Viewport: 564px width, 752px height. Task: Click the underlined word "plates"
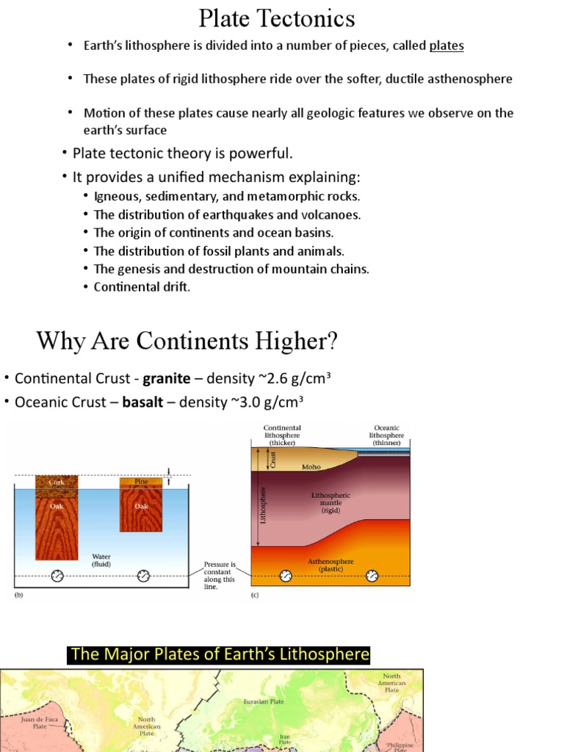pos(446,46)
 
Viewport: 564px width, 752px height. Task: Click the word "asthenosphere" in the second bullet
pos(471,79)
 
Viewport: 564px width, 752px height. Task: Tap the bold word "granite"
pos(167,378)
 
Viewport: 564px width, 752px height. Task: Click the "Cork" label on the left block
pos(57,482)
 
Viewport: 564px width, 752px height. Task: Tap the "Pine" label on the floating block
pos(142,482)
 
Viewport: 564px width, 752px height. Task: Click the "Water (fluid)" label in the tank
pos(101,560)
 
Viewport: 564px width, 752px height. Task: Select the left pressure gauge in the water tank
pos(57,575)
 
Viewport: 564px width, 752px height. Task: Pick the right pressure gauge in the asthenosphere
pos(372,575)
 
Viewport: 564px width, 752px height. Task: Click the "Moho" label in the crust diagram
pos(311,466)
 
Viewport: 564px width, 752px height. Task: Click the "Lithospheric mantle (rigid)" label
pos(331,502)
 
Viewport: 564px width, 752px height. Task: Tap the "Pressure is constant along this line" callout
pos(220,576)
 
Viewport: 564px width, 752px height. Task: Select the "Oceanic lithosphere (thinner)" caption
pos(386,435)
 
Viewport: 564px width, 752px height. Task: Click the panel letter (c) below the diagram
pos(256,596)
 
